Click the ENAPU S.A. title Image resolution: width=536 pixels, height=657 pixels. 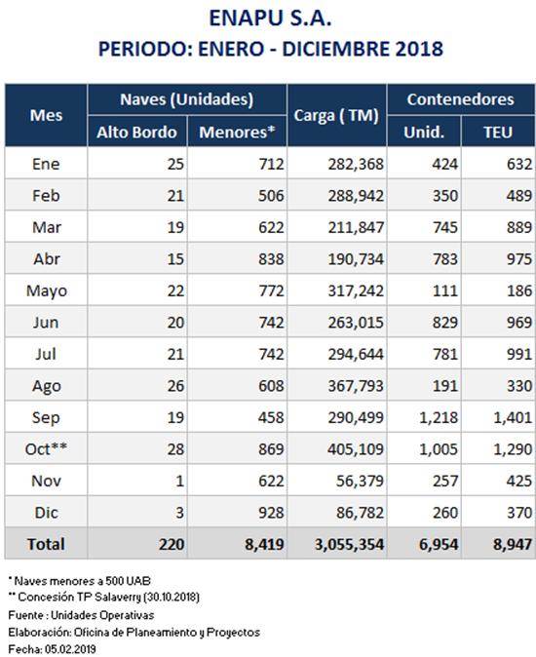coord(270,19)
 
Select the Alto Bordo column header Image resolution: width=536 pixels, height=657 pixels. coord(137,132)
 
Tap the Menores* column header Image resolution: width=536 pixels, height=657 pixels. coord(237,132)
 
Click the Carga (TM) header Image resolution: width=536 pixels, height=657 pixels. coord(336,115)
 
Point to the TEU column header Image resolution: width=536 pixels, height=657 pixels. coord(498,132)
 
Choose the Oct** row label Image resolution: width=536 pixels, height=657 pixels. coord(46,448)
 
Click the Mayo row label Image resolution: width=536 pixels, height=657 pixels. coord(47,290)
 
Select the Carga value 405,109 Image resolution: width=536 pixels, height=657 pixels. coord(356,449)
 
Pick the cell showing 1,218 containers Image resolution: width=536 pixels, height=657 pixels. coord(439,417)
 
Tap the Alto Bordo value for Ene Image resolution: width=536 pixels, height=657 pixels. coord(175,164)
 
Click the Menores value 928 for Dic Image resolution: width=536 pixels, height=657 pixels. coord(271,513)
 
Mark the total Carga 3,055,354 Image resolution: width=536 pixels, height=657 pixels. coord(349,544)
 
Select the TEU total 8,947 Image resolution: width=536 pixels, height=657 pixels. coord(513,544)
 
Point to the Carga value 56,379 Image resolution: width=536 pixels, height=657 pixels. coord(360,481)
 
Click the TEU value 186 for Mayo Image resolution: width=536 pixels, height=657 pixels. coord(519,290)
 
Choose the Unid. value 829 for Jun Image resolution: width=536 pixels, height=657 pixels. coord(445,323)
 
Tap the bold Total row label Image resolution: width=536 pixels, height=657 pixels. coord(46,544)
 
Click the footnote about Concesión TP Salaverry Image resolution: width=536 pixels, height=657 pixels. coord(104,597)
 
